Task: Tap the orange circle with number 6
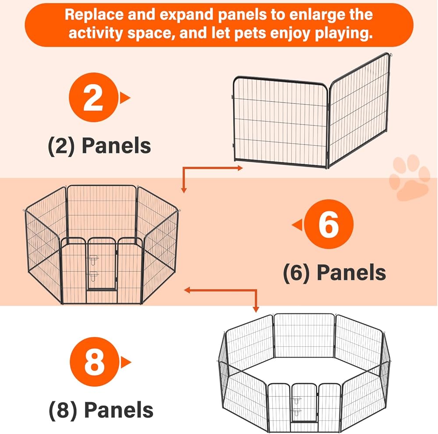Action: (329, 225)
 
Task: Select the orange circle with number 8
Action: (95, 362)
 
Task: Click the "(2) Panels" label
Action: (99, 145)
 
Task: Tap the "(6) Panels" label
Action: (334, 273)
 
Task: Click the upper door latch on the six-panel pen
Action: (93, 260)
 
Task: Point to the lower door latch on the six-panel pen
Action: (93, 276)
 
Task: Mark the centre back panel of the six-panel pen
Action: (102, 211)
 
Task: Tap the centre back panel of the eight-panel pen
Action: (304, 336)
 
